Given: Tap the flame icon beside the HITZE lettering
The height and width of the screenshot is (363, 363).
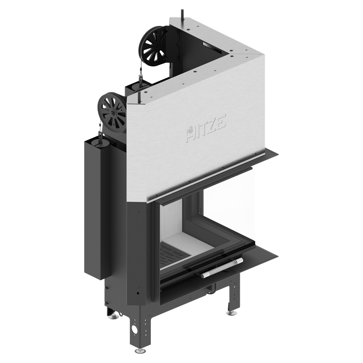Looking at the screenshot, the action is [190, 130].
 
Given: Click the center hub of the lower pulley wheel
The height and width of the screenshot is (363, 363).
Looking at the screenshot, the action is [113, 113].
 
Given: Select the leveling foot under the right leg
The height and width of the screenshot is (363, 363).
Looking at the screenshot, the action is [231, 313].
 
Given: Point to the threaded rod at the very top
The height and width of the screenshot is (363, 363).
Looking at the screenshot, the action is [182, 16].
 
